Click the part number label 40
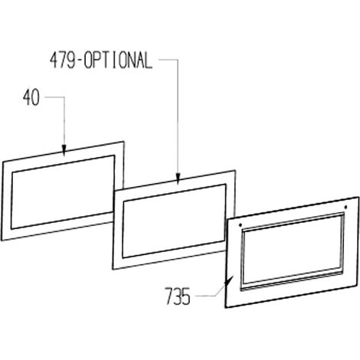point(31,97)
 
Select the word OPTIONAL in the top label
point(118,61)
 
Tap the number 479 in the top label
point(62,61)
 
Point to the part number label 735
point(178,296)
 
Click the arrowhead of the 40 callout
point(64,150)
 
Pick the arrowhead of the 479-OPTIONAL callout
point(178,178)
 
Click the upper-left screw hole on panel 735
point(241,225)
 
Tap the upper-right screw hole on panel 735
point(345,207)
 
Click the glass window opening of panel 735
point(293,251)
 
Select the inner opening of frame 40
point(63,191)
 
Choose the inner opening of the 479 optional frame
point(175,221)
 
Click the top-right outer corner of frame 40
point(124,142)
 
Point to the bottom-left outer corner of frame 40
point(2,240)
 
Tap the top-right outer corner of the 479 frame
point(234,171)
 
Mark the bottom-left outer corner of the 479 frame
point(113,269)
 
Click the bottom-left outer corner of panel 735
point(226,308)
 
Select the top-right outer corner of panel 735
point(358,197)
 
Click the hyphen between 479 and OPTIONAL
point(80,61)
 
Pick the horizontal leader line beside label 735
point(205,296)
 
